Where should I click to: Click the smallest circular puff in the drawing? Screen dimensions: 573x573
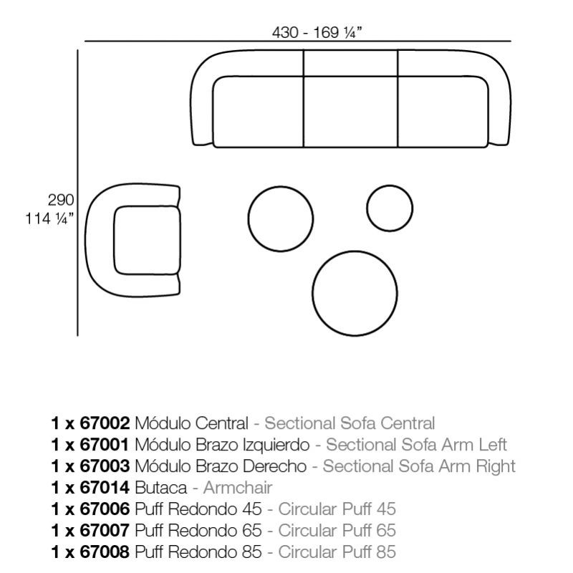[390, 208]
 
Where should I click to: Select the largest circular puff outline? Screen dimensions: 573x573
[355, 293]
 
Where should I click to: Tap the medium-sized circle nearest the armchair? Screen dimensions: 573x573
[280, 219]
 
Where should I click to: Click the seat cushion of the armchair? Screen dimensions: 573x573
[148, 240]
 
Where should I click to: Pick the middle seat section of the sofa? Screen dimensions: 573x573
[350, 112]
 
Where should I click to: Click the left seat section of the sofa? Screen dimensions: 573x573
[258, 112]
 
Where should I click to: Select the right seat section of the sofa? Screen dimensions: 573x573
[443, 112]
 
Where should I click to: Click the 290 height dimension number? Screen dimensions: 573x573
[61, 200]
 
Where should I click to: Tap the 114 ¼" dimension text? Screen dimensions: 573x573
[49, 219]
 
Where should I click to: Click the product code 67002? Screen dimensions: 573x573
[105, 423]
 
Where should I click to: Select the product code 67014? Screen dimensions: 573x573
[105, 488]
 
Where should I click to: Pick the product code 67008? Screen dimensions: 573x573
[105, 552]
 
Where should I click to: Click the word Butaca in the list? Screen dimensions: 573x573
[160, 488]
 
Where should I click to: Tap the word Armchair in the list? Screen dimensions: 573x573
[238, 488]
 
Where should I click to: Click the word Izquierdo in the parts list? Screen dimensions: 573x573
[276, 445]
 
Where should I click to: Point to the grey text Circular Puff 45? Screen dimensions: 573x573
[337, 509]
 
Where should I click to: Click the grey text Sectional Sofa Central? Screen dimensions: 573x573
[350, 423]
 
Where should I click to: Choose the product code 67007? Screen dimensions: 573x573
[105, 530]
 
